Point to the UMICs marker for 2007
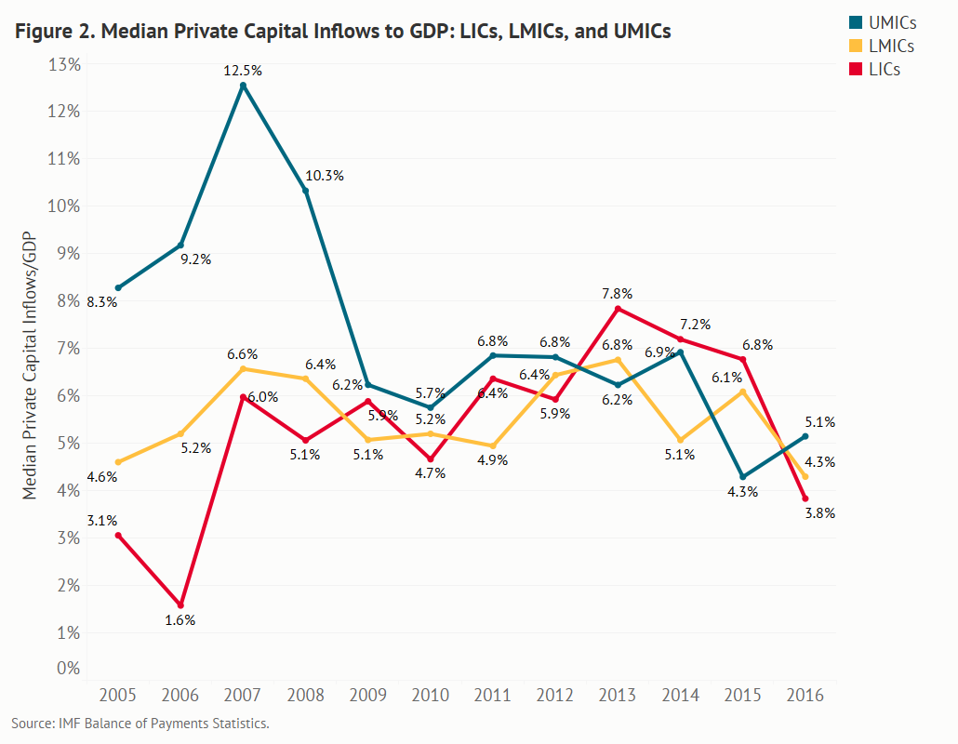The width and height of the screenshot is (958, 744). [243, 86]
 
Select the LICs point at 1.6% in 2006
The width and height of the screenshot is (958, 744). [180, 605]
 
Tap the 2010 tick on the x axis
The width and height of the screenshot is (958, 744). [431, 696]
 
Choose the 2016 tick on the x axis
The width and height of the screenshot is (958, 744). [805, 696]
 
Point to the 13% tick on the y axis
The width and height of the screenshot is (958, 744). [63, 64]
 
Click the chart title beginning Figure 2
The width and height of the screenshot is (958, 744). [341, 32]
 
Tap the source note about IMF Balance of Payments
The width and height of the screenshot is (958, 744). [140, 723]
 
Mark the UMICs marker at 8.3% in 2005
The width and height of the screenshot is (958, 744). [118, 288]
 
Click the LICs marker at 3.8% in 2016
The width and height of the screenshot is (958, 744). [805, 498]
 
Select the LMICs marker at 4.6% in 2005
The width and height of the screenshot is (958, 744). [118, 462]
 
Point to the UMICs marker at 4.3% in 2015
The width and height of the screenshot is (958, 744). [742, 477]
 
